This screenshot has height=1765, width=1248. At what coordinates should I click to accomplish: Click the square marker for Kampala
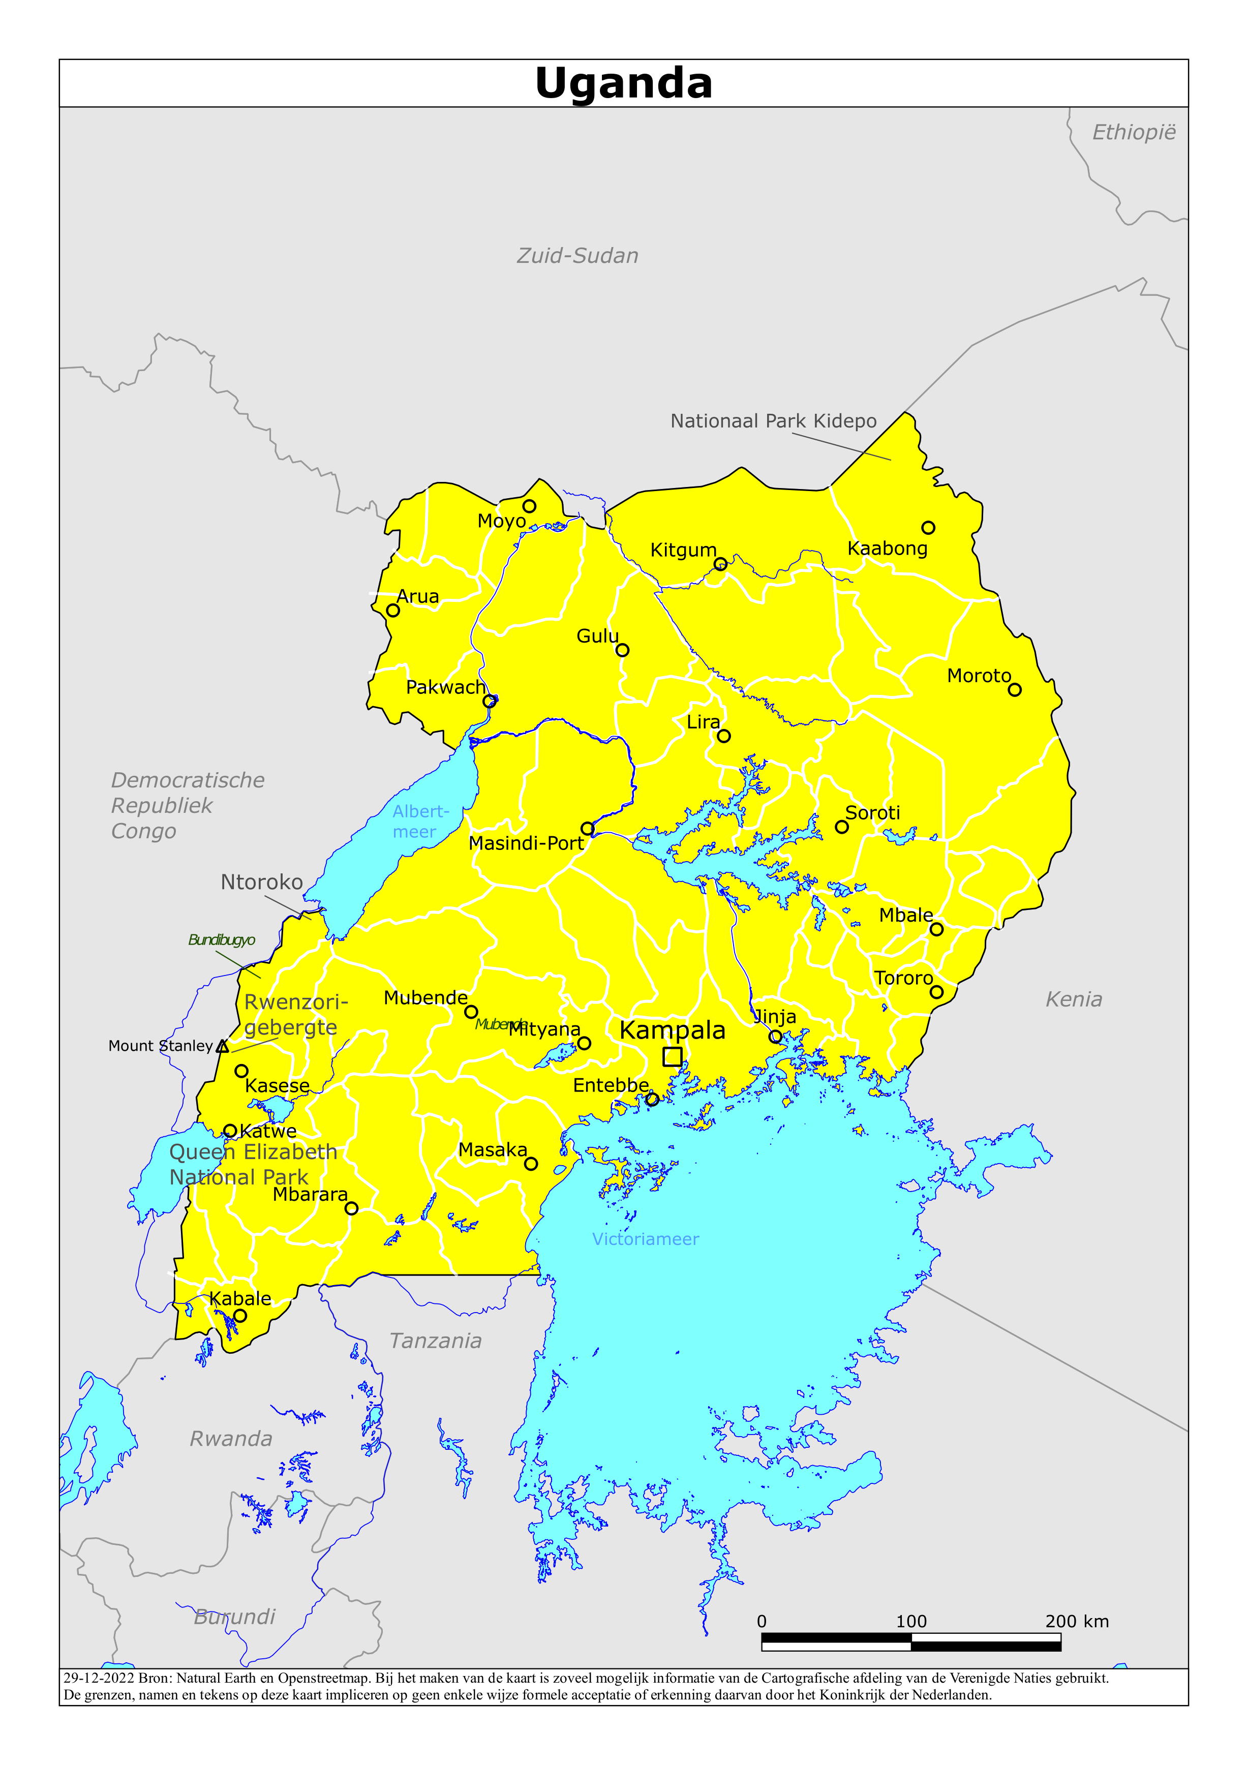tap(672, 1056)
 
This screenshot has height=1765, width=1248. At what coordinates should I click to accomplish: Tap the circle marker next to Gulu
tap(623, 650)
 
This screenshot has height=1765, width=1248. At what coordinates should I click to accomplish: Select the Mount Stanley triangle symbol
tap(222, 1046)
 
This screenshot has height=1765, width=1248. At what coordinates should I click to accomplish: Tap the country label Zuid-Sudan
tap(577, 256)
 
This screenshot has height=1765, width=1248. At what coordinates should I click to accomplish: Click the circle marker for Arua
tap(393, 611)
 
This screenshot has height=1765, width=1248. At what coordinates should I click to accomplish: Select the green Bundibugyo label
tap(222, 939)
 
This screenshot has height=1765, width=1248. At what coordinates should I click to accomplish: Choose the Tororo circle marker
tap(936, 992)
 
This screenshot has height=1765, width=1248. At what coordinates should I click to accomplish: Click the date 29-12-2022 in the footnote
tap(99, 1678)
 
